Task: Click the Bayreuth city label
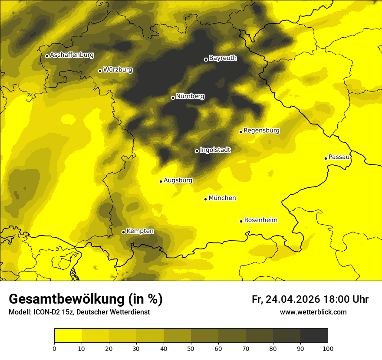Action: point(223,58)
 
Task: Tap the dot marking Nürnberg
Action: point(173,98)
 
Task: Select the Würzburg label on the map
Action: point(118,69)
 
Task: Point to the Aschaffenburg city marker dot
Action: point(47,56)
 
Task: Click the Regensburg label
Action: point(261,131)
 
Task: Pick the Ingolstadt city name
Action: point(215,150)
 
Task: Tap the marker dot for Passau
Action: point(326,158)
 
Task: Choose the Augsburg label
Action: point(178,180)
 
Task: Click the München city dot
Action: point(205,199)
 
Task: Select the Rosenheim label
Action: point(260,220)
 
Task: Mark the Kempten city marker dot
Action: point(123,232)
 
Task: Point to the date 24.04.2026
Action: point(293,299)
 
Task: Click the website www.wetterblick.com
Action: point(313,312)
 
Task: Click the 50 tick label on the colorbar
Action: point(191,348)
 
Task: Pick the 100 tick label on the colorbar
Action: point(328,348)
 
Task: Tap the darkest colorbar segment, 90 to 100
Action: point(314,336)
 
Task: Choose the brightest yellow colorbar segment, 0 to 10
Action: point(68,336)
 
